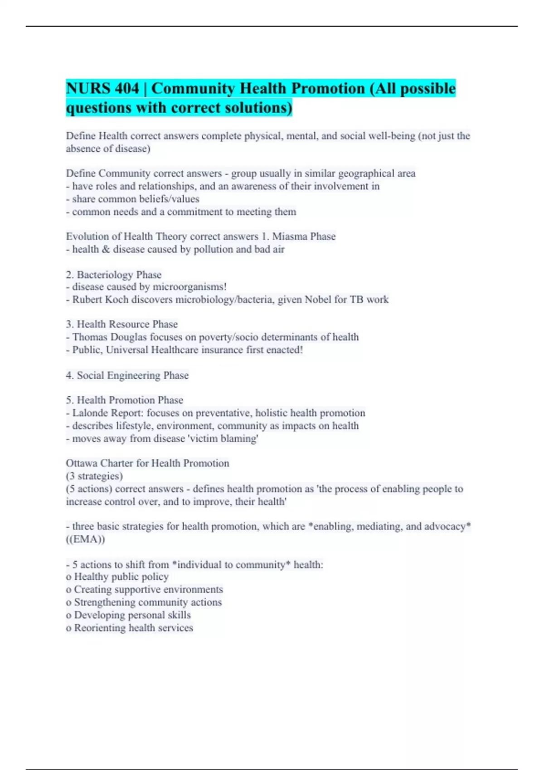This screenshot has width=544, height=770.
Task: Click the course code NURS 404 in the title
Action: [x=102, y=88]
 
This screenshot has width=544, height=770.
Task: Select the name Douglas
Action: [x=129, y=337]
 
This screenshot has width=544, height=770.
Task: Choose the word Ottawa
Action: [x=82, y=463]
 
